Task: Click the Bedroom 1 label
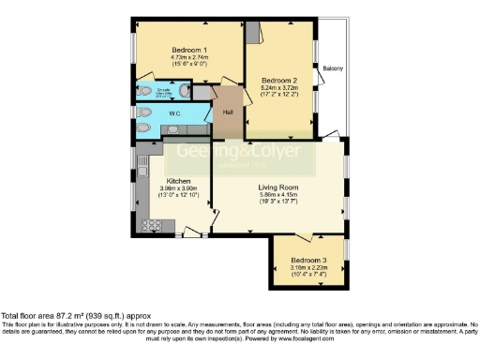coord(189,50)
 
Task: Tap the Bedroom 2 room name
coord(280,81)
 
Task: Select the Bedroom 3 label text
coord(308,260)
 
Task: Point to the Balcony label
coord(333,68)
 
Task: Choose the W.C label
coord(174,113)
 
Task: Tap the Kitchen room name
coord(179,181)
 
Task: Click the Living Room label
coord(278,187)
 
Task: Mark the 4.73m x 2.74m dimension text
coord(189,57)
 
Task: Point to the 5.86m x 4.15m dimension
coord(278,195)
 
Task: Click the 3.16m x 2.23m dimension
coord(308,267)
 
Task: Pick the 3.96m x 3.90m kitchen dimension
coord(179,188)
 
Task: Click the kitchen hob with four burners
coord(147,224)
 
